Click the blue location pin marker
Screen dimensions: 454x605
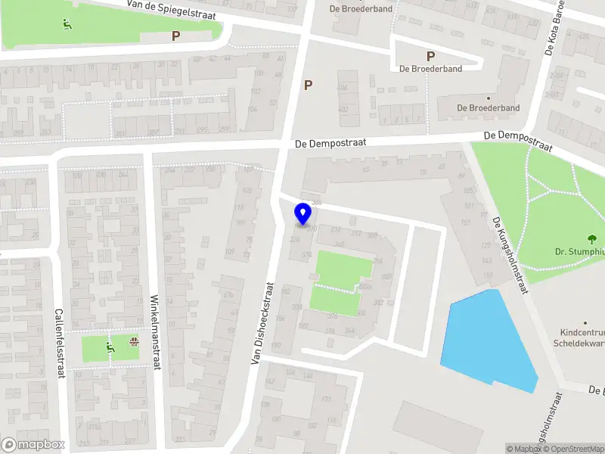click(x=303, y=214)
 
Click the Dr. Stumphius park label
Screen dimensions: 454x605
click(x=578, y=252)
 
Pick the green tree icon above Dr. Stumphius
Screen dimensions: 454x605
click(x=592, y=238)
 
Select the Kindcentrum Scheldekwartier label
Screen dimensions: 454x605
click(x=582, y=337)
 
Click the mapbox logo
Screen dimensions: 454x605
click(x=33, y=445)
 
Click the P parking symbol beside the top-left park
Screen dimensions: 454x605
click(x=175, y=36)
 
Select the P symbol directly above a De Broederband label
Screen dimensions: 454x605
click(x=430, y=56)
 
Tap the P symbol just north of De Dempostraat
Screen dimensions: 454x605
click(x=308, y=85)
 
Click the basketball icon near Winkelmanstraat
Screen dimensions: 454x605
click(x=135, y=342)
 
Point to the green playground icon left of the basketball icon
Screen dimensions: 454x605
click(x=109, y=348)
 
